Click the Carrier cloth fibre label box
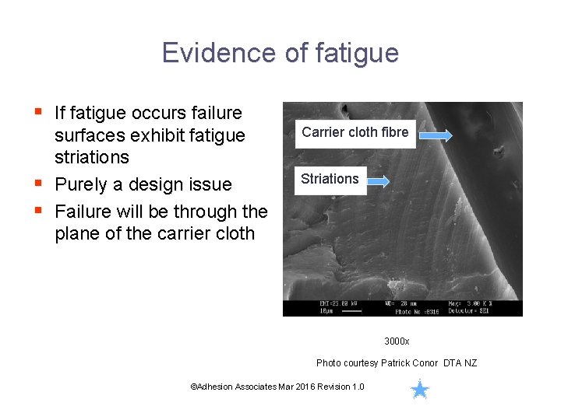pos(355,132)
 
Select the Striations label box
pos(330,179)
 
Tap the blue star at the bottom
pos(420,389)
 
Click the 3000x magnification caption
pos(397,341)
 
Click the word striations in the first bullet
pos(92,157)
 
